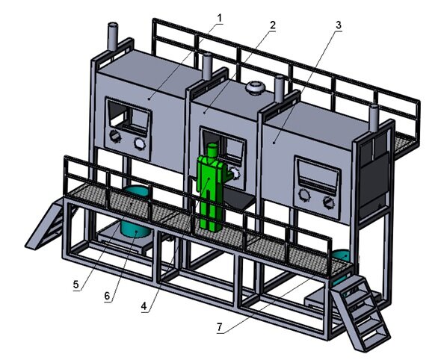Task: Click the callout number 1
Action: pyautogui.click(x=220, y=19)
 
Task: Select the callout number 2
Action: pyautogui.click(x=272, y=25)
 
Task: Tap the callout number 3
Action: pyautogui.click(x=339, y=25)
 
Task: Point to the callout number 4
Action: pyautogui.click(x=144, y=306)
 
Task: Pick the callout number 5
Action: pyautogui.click(x=75, y=284)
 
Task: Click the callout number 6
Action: pyautogui.click(x=107, y=296)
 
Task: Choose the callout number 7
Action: pyautogui.click(x=220, y=327)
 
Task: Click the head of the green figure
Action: pyautogui.click(x=212, y=151)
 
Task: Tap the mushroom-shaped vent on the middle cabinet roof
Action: pyautogui.click(x=255, y=87)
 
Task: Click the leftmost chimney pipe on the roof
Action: pyautogui.click(x=113, y=37)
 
